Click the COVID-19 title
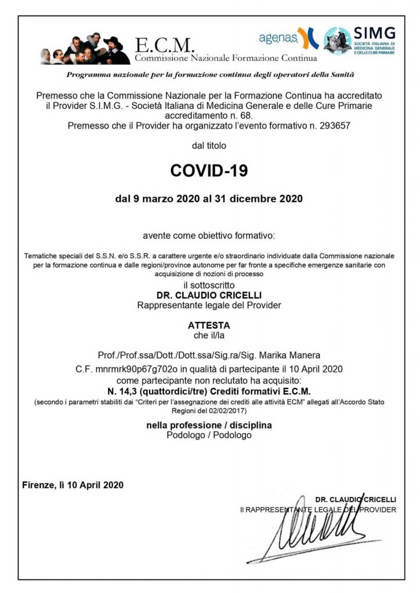pyautogui.click(x=209, y=171)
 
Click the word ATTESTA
pyautogui.click(x=209, y=325)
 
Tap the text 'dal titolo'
pyautogui.click(x=209, y=145)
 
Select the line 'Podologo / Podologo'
pyautogui.click(x=209, y=434)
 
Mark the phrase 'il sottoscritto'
pyautogui.click(x=209, y=285)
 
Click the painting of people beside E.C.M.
pyautogui.click(x=85, y=50)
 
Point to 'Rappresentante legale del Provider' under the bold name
pyautogui.click(x=209, y=305)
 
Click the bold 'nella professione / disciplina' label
pyautogui.click(x=209, y=425)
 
